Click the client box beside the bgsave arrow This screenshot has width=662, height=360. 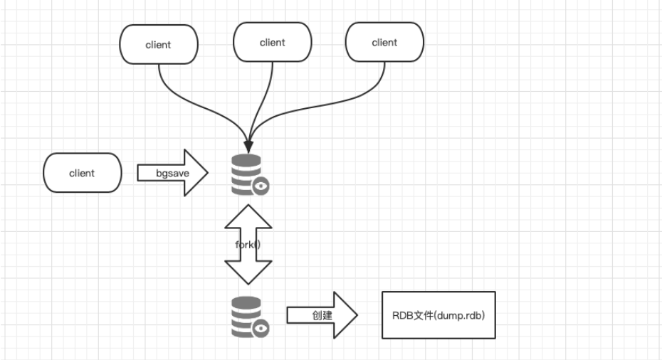(82, 173)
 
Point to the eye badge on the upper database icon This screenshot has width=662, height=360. (261, 186)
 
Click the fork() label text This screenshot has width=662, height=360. (248, 244)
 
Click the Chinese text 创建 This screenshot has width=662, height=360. (322, 314)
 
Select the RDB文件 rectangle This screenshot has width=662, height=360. (438, 314)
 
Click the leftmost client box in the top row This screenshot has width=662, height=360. (158, 44)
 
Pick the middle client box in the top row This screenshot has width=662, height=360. (272, 42)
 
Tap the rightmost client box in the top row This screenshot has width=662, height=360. (384, 42)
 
